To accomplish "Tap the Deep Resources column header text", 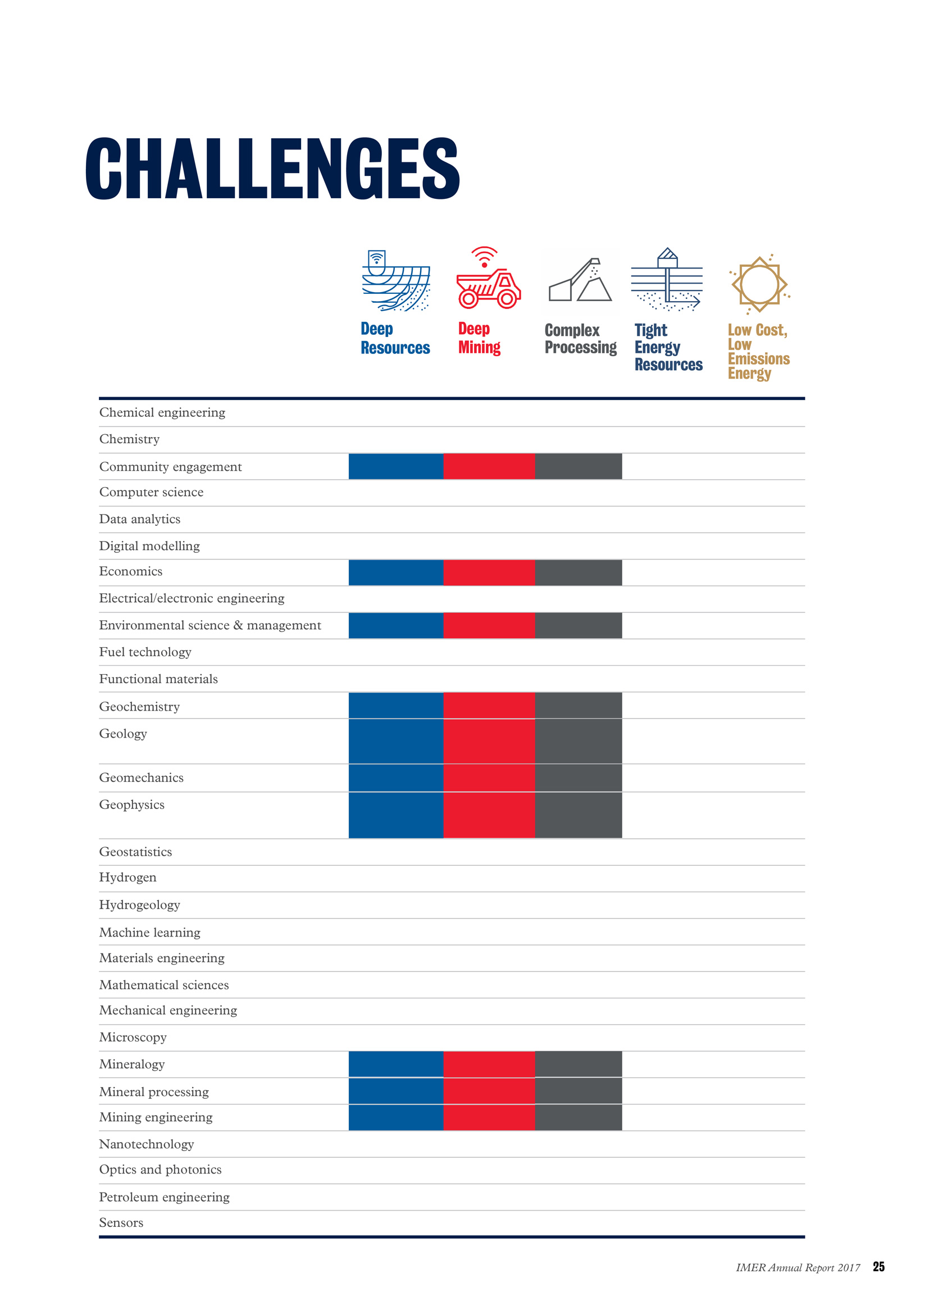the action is click(395, 338).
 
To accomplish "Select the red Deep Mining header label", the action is click(479, 338).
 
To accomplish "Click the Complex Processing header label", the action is click(581, 339).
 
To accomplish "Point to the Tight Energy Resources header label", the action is click(668, 347).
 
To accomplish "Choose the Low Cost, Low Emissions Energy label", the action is click(758, 351).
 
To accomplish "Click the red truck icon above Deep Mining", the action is click(489, 278).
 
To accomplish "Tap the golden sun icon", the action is click(759, 284).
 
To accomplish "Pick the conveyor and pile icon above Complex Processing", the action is click(580, 280).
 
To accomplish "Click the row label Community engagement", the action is click(171, 467).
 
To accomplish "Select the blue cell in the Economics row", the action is click(396, 573).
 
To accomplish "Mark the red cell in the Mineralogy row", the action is click(489, 1065).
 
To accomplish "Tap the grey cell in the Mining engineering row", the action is click(579, 1118).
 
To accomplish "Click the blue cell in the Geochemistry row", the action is click(396, 706).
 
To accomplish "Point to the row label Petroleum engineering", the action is click(164, 1197).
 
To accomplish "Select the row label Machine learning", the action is click(150, 933).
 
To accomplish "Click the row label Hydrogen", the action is click(127, 878).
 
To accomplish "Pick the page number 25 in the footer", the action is click(878, 1266).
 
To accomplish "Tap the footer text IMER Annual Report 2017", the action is click(798, 1267).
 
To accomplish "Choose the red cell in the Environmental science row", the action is click(489, 625).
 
